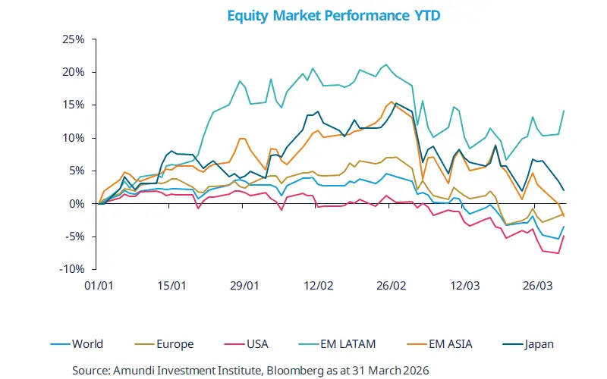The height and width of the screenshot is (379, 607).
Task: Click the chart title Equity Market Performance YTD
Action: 303,14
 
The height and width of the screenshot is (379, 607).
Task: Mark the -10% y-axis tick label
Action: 71,269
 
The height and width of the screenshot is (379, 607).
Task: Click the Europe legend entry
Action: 173,344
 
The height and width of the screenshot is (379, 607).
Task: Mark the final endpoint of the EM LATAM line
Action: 563,111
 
